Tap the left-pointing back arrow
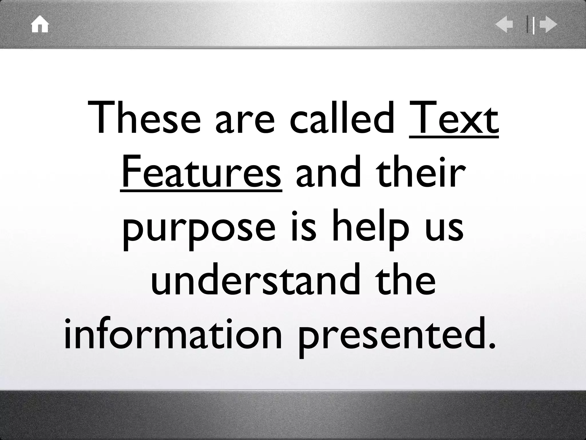504,25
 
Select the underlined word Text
454,118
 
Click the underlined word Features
201,172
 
